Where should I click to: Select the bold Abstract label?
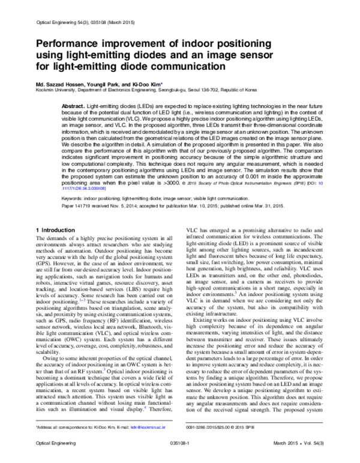coord(73,105)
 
